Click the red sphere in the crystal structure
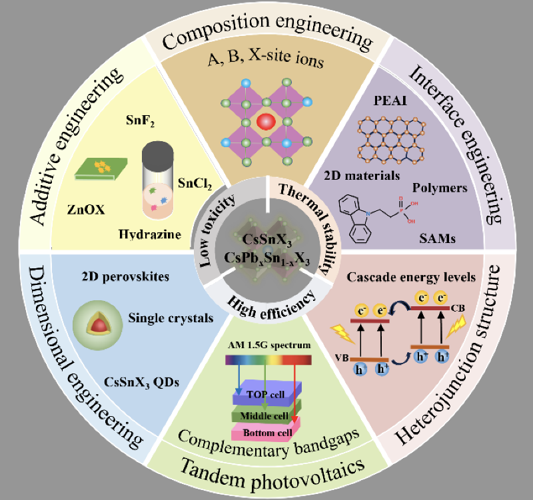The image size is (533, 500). tap(266, 122)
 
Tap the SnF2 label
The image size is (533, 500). tap(140, 121)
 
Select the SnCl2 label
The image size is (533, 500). tap(195, 184)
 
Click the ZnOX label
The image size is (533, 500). tap(86, 210)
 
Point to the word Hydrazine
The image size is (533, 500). tap(150, 234)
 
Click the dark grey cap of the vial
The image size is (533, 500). tap(158, 154)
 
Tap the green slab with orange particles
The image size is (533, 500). tap(101, 169)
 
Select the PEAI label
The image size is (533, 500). tap(390, 101)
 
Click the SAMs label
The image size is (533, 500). tap(437, 238)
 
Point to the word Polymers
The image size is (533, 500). tap(440, 188)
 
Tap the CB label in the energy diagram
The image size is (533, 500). tap(458, 308)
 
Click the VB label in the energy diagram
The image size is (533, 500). tap(342, 358)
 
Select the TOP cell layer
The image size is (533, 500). tap(267, 393)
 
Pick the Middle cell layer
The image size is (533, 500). tap(266, 413)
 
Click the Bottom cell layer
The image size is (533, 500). tap(266, 431)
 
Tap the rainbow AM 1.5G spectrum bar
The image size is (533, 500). tap(268, 360)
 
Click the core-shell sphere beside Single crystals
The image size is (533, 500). tap(97, 325)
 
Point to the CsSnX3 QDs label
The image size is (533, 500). tap(141, 382)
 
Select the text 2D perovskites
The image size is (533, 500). tap(125, 276)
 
